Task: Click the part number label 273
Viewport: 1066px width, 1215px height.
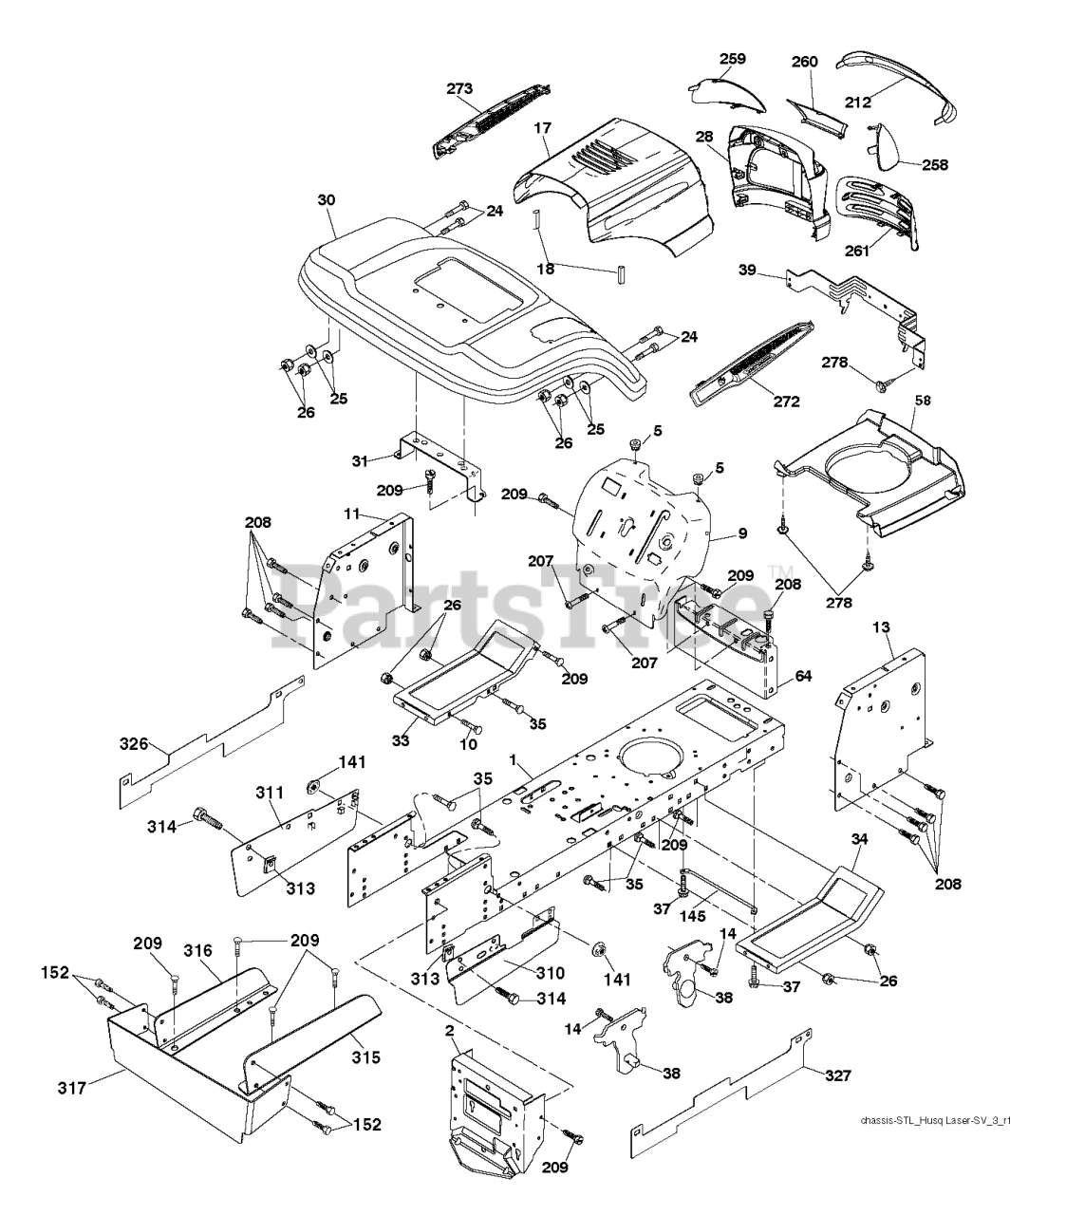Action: [459, 89]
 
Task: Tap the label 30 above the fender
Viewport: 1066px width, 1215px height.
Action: [327, 200]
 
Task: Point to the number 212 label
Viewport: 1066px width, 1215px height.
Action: [858, 103]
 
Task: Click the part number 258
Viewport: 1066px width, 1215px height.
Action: [935, 164]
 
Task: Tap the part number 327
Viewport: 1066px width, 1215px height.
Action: [838, 1075]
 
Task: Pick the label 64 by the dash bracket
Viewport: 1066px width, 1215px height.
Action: [803, 676]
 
